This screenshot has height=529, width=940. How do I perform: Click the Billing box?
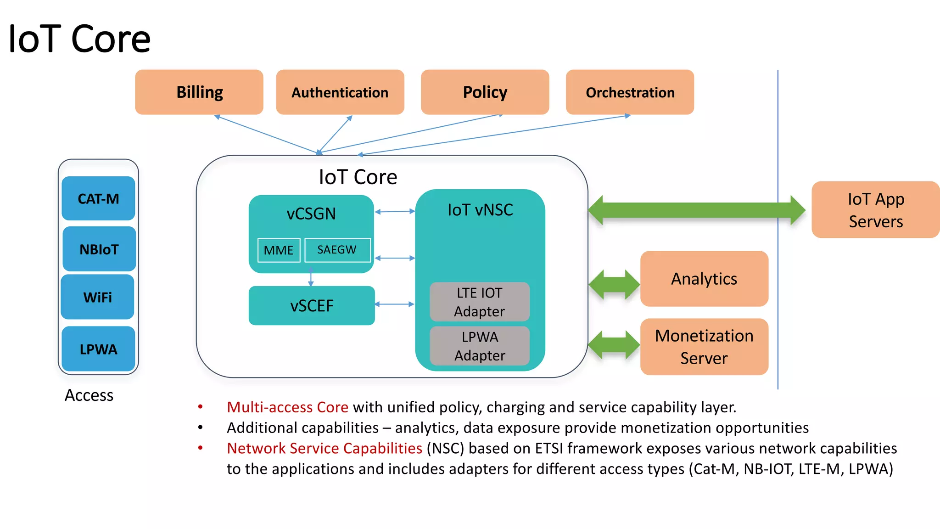(199, 92)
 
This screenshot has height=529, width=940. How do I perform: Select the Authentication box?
(340, 92)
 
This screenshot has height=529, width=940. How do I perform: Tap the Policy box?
(485, 92)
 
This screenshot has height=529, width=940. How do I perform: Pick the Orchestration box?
(630, 92)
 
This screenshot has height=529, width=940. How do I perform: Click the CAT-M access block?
(98, 198)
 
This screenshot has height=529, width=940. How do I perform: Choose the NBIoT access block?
(99, 249)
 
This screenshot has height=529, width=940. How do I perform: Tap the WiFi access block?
(98, 297)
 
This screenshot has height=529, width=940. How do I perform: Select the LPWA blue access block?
(98, 349)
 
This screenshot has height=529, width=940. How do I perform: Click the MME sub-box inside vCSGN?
(279, 250)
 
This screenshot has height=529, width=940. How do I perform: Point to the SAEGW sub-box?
(337, 250)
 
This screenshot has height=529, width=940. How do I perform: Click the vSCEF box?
(312, 306)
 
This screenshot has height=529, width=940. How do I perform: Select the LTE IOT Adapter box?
(480, 302)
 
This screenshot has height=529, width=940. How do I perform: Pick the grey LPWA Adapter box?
(480, 346)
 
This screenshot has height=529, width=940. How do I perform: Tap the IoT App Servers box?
(875, 210)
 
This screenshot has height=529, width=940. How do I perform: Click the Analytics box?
(704, 279)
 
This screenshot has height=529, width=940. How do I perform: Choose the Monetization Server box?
(704, 347)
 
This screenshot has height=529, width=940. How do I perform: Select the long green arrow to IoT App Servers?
(696, 210)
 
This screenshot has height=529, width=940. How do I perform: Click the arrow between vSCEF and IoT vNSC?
(395, 304)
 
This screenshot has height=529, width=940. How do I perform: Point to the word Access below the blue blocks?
(89, 395)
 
